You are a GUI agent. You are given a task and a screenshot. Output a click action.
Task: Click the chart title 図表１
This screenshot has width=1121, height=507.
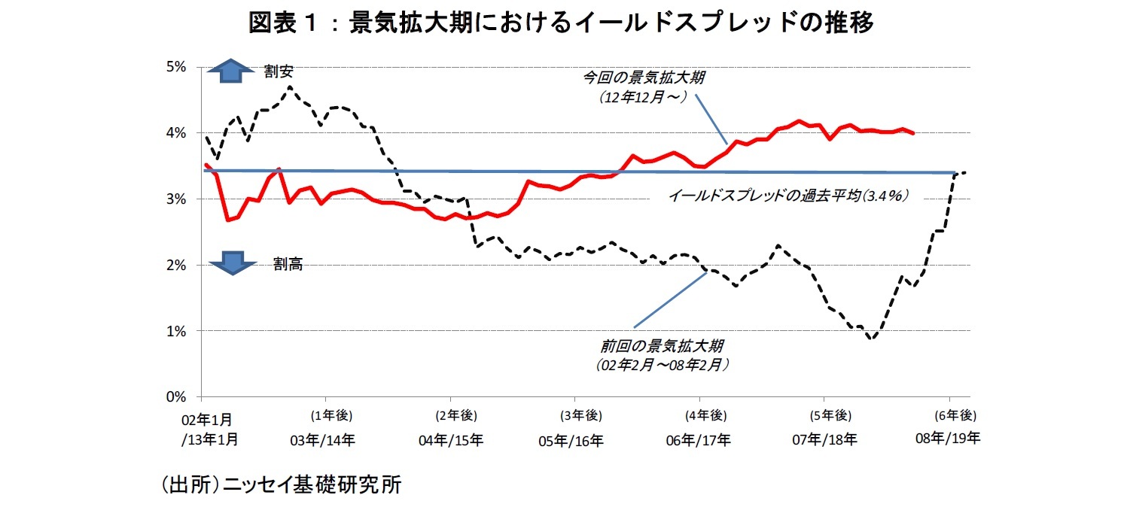560,23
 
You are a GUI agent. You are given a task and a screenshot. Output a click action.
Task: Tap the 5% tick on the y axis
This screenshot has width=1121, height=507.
175,66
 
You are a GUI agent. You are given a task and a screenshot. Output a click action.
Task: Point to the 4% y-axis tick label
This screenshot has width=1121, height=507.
175,132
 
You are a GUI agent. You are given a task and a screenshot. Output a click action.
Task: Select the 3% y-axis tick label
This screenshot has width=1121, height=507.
175,199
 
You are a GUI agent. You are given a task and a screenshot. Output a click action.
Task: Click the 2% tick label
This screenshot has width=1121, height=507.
175,265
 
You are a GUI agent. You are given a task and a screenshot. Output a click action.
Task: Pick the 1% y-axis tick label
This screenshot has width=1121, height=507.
175,331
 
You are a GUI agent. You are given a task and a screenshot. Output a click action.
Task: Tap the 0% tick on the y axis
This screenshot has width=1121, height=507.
175,396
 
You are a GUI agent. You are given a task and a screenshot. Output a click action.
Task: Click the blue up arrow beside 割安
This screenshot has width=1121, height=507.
232,71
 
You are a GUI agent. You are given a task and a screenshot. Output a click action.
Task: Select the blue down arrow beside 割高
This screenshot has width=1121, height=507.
232,263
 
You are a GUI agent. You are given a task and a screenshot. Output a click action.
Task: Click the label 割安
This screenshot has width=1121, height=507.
278,71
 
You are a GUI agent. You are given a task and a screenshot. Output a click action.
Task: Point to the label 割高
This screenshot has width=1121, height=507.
288,264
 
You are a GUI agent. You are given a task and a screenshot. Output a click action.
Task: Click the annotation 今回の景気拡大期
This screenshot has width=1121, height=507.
644,77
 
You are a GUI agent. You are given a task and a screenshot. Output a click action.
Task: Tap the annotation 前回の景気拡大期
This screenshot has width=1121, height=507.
663,347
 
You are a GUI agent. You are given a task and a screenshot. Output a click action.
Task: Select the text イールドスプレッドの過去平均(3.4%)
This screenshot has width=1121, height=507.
788,196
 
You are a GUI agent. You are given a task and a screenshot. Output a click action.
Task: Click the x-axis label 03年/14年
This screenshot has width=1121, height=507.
323,440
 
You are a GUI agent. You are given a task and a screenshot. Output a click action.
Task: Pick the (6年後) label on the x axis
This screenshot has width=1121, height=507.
955,415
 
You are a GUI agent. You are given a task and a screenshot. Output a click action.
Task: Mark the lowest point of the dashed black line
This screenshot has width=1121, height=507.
872,339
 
